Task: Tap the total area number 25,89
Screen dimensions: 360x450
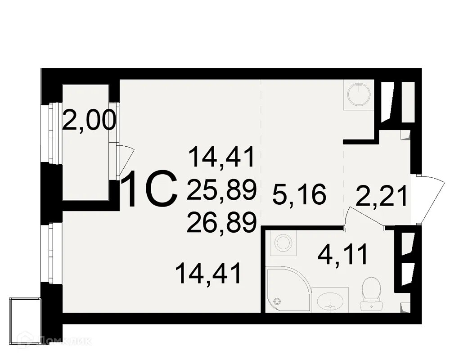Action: coord(221,189)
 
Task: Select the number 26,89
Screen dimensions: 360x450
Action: coord(221,222)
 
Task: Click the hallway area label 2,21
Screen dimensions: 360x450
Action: coord(382,197)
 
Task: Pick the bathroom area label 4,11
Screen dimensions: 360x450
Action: coord(343,254)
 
